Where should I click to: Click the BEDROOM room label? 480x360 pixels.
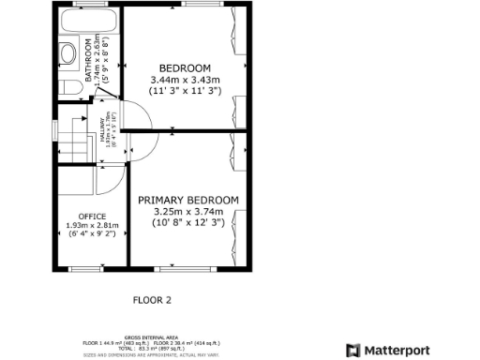click(x=184, y=68)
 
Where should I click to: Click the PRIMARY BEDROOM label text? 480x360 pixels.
click(x=188, y=201)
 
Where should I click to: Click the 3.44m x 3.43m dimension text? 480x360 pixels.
click(x=184, y=81)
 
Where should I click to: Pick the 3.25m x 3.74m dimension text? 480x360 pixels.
click(x=188, y=212)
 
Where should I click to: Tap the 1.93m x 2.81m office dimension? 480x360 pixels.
click(x=92, y=225)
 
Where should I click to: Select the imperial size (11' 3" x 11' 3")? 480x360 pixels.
click(x=184, y=92)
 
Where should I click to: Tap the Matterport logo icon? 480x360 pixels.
click(x=352, y=350)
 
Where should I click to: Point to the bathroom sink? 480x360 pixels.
click(x=68, y=52)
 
